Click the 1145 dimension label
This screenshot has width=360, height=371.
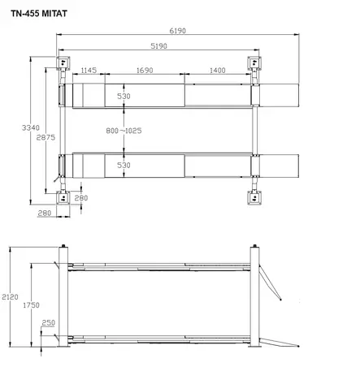89,71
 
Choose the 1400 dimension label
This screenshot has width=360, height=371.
217,71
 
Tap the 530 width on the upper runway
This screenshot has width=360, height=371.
124,97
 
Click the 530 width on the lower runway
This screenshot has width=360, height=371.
124,165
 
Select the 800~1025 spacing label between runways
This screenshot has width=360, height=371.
124,129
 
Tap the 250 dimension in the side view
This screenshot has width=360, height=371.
50,323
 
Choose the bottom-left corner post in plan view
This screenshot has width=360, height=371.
62,196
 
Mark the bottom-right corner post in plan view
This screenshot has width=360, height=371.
254,196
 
